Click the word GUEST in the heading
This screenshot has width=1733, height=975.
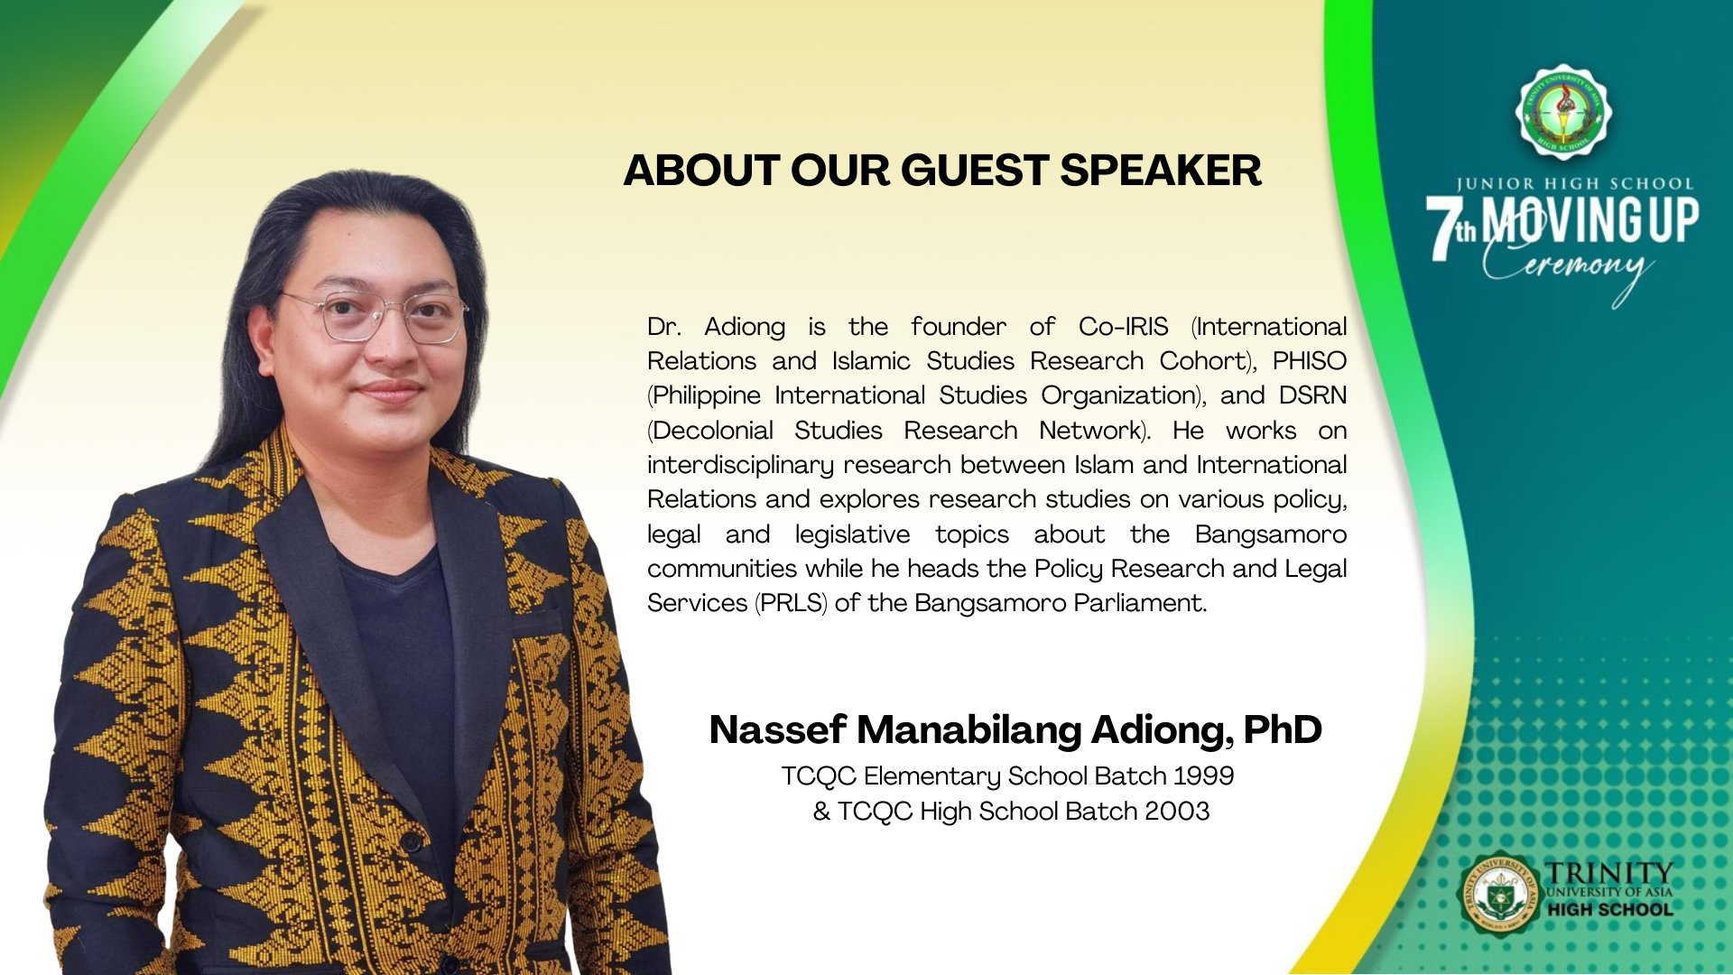tap(974, 171)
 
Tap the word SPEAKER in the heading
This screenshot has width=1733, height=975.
tap(1160, 171)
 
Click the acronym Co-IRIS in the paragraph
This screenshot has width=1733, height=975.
tap(1123, 326)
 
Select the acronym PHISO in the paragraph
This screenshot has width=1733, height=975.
tap(1310, 360)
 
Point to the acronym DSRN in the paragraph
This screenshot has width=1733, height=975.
tap(1312, 395)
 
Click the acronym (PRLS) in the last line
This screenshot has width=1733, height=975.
tap(791, 603)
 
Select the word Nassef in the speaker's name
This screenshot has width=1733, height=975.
tap(777, 729)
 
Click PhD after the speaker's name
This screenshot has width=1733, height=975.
tap(1283, 729)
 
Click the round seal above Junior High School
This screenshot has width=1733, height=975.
tap(1563, 112)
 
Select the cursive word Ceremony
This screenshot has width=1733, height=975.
tap(1570, 268)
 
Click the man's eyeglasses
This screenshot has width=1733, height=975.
tap(375, 317)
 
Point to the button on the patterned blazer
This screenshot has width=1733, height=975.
tap(412, 841)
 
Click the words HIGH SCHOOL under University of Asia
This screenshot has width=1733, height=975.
tap(1609, 910)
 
